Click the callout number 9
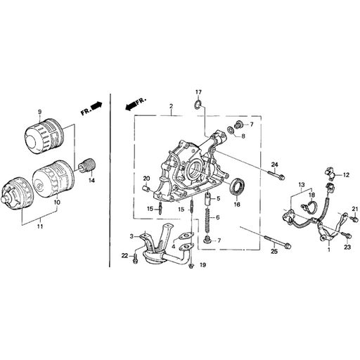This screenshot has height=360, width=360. pyautogui.click(x=40, y=112)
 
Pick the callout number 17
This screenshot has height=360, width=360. pyautogui.click(x=198, y=93)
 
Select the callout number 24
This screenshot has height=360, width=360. pyautogui.click(x=275, y=164)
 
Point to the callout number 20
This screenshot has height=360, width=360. pyautogui.click(x=147, y=177)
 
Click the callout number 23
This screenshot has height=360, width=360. pyautogui.click(x=347, y=248)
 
